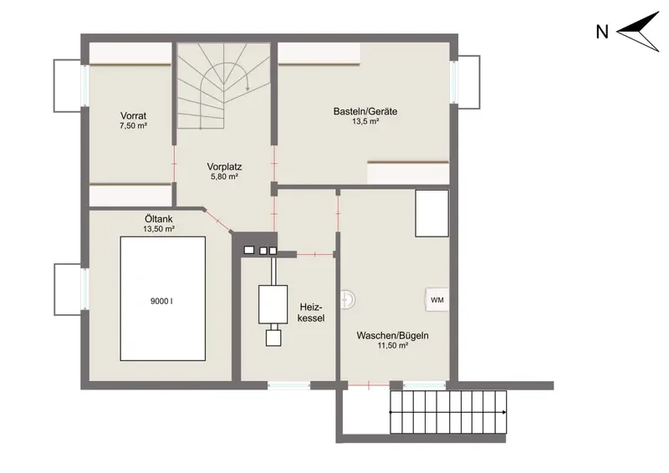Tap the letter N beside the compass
[x=602, y=32]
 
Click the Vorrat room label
[x=133, y=115]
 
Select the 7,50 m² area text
[x=133, y=126]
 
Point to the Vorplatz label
[x=224, y=166]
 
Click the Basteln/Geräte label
[x=365, y=111]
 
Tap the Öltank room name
[x=159, y=219]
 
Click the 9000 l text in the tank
[x=161, y=301]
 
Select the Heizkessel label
[x=311, y=313]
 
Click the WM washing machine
[x=437, y=300]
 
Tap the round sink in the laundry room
[x=347, y=299]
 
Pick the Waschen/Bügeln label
[x=392, y=336]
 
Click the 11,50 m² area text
[x=392, y=346]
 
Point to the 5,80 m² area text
[x=224, y=176]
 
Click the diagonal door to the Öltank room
[x=217, y=221]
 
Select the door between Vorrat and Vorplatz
[x=174, y=163]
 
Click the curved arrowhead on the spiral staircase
[x=248, y=88]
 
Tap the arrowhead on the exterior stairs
[x=505, y=413]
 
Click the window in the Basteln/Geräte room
[x=455, y=83]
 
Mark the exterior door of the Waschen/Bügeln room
[x=369, y=385]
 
